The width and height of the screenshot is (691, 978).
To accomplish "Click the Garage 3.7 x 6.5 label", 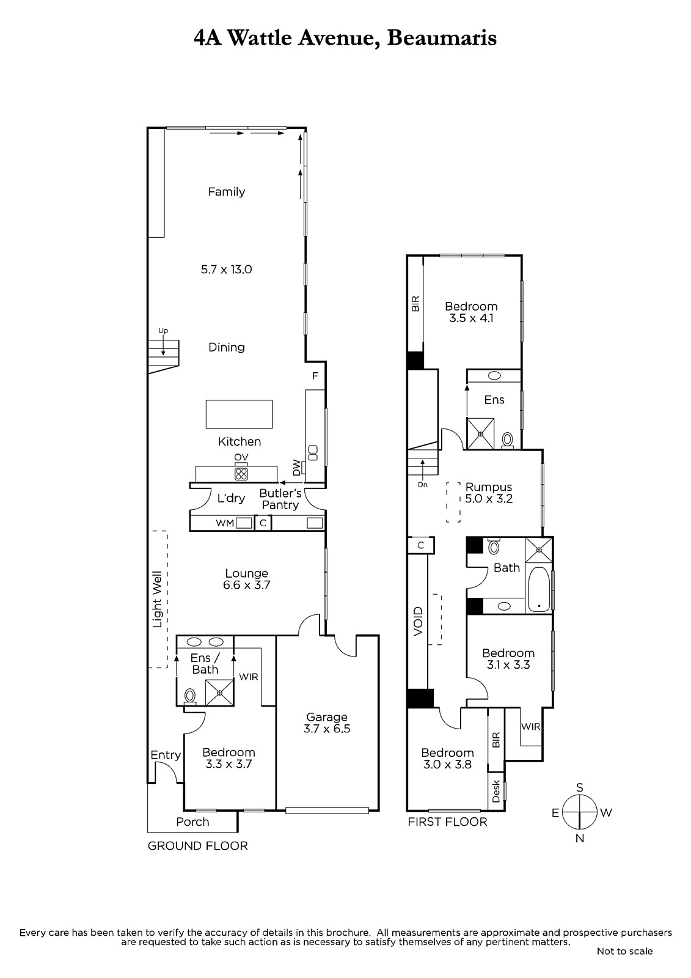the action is tap(326, 722).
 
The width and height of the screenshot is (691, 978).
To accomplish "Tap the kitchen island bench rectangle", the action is tap(239, 413).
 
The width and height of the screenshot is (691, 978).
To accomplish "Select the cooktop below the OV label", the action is tap(241, 474).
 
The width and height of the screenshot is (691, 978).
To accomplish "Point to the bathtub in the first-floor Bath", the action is tap(539, 589).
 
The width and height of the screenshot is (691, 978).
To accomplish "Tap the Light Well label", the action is tap(157, 600).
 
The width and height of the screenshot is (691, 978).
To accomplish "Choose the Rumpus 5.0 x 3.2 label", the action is tap(488, 493).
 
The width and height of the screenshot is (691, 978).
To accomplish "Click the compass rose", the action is tap(579, 812).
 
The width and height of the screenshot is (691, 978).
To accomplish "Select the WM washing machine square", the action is tap(244, 523).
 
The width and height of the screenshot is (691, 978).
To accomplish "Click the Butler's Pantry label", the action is tap(280, 499).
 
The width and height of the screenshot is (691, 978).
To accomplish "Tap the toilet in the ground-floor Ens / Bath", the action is tap(190, 696).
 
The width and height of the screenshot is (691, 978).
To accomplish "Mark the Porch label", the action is tap(192, 822).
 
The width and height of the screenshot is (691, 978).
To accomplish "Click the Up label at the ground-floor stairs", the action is tap(163, 331).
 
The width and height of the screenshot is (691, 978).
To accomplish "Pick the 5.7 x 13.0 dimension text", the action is tap(226, 270).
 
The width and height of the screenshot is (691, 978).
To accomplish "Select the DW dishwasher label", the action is tap(296, 467).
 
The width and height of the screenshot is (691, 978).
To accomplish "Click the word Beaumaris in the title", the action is tap(442, 39).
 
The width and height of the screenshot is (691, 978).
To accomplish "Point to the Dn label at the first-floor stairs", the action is tap(422, 485).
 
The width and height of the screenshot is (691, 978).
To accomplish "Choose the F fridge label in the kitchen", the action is tap(315, 375).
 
